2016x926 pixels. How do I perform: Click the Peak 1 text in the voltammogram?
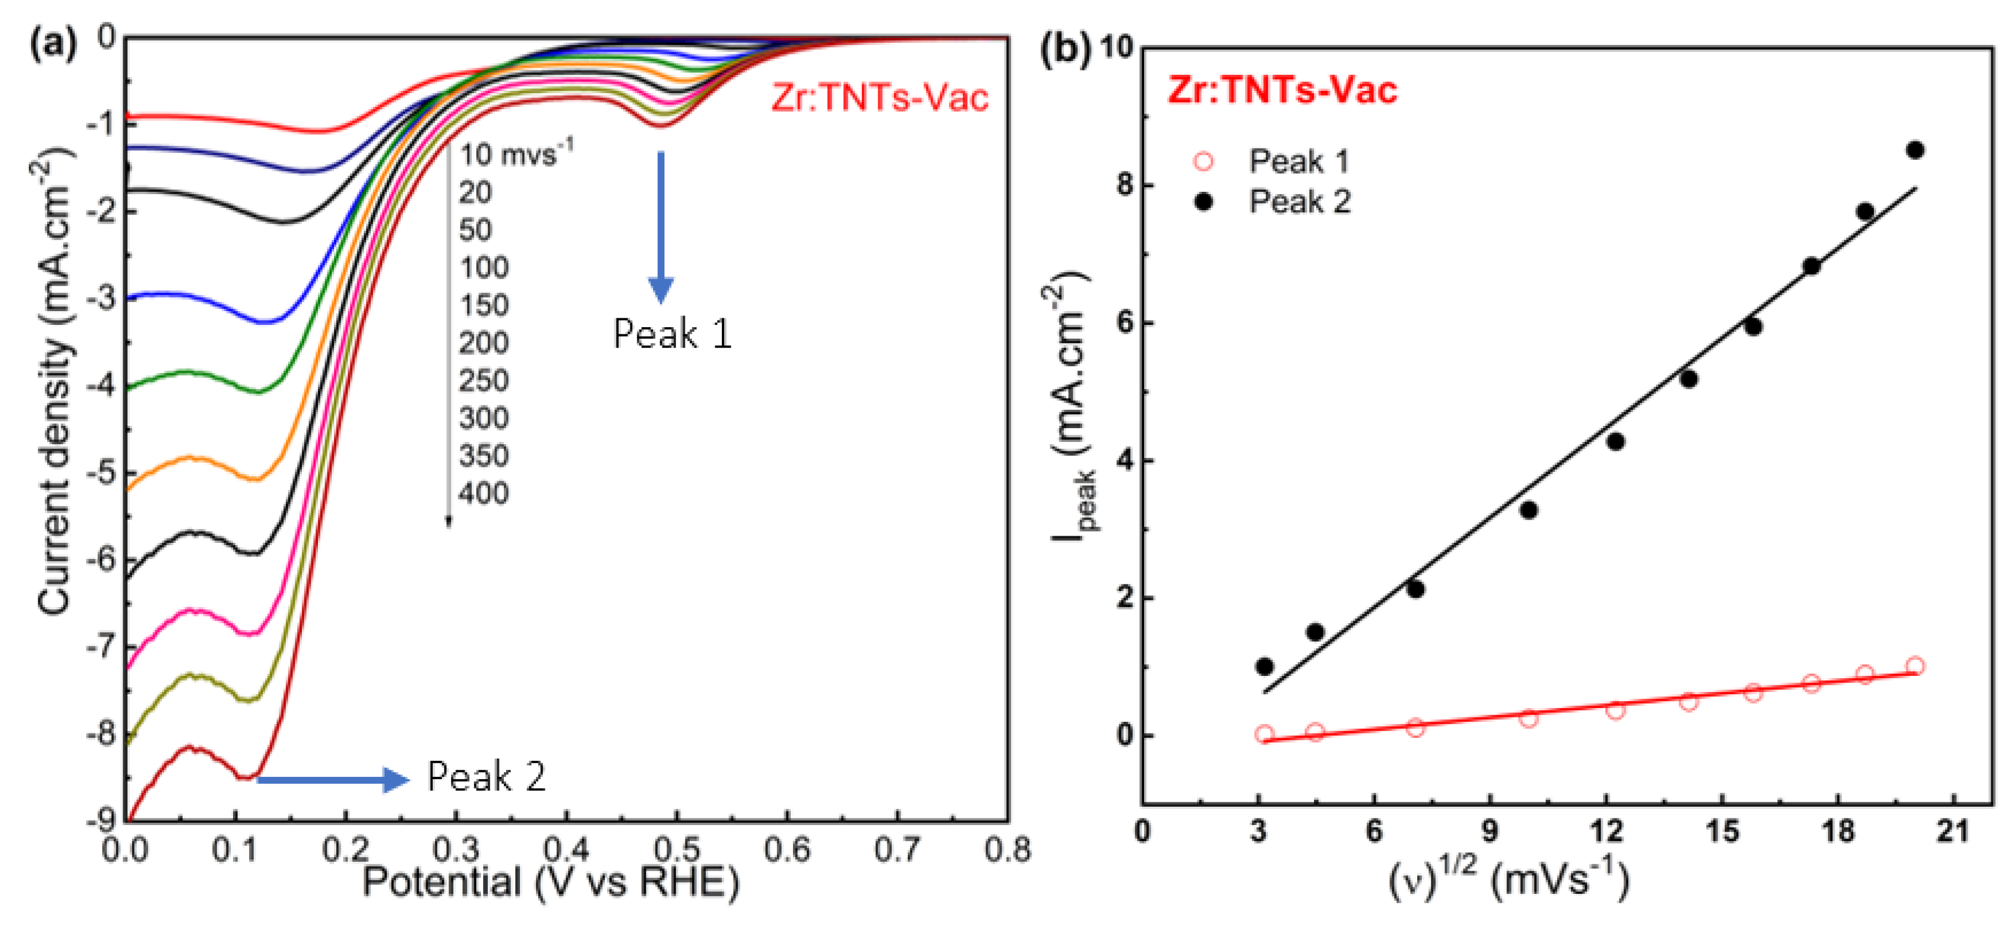[x=672, y=335]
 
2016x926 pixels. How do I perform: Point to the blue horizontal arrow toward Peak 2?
[x=332, y=780]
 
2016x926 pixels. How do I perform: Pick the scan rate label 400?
[x=484, y=493]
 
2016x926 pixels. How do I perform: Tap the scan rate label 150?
[x=484, y=305]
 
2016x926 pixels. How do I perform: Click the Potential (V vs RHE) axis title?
[x=551, y=883]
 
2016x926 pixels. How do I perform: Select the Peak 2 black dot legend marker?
[x=1204, y=202]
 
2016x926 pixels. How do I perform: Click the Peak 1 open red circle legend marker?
[x=1204, y=161]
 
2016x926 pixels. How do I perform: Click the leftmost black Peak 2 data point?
[x=1265, y=667]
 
